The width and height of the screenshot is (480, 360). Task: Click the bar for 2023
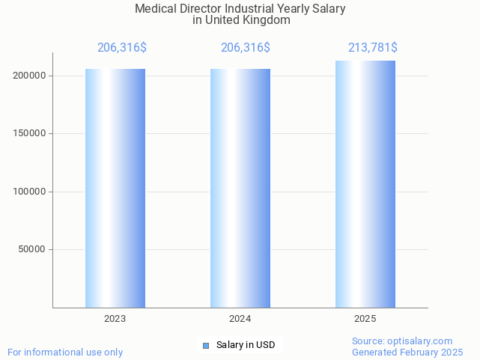[115, 188]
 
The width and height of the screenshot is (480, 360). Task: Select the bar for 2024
[240, 188]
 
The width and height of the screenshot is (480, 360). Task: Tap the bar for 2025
[365, 184]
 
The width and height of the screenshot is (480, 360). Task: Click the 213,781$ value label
[372, 48]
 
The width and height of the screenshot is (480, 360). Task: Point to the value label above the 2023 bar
[122, 48]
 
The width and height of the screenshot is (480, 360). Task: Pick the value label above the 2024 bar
[246, 48]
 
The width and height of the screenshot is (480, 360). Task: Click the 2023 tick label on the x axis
[115, 319]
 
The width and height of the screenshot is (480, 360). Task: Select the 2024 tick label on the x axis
[240, 319]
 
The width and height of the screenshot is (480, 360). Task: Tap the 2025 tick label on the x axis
[365, 319]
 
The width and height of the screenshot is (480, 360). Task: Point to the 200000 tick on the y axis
[31, 76]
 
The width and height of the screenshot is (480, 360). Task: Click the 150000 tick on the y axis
[31, 134]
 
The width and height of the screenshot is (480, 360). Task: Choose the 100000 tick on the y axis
[31, 192]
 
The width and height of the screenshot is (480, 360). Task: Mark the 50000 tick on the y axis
[34, 249]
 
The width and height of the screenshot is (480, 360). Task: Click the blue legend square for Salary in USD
[206, 345]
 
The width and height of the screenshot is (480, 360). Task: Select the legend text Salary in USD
[246, 345]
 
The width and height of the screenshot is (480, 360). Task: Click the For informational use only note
[65, 352]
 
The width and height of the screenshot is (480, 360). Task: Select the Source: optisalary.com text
[402, 341]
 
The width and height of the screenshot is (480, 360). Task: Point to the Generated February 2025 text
[407, 352]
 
